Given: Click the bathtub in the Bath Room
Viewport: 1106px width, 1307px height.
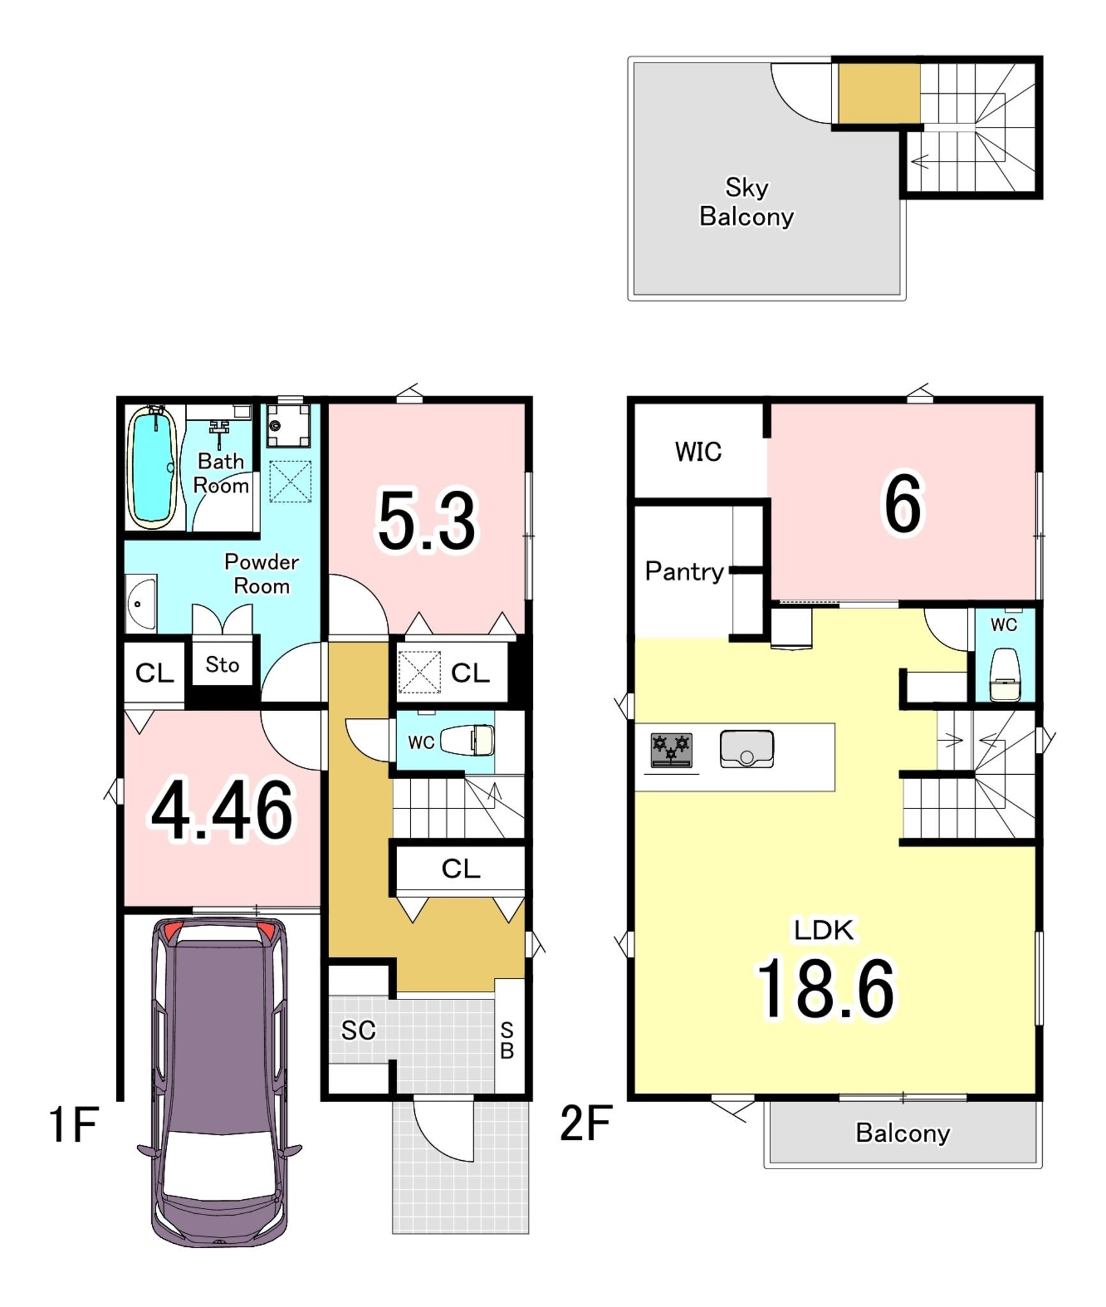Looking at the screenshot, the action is click(153, 467).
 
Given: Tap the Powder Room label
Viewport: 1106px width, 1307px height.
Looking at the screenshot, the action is click(262, 574).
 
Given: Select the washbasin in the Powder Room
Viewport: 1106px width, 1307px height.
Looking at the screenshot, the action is click(141, 603).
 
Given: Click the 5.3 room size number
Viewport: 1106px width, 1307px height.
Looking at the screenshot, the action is click(427, 520).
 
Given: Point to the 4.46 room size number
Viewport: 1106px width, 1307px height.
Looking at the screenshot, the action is click(222, 810).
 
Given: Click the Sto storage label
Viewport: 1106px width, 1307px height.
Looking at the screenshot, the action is click(222, 664).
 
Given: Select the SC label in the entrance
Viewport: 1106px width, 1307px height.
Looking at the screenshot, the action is click(358, 1030).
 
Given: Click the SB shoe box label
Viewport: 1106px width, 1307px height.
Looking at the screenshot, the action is click(507, 1040).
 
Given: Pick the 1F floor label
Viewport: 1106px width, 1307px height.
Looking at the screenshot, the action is click(73, 1124).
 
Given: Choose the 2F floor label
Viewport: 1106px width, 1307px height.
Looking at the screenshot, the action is click(586, 1123).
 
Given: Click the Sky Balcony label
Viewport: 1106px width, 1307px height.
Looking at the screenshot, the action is click(747, 202).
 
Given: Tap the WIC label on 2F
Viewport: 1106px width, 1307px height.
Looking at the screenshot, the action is click(698, 452).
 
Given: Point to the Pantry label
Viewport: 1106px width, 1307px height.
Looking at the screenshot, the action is click(684, 571).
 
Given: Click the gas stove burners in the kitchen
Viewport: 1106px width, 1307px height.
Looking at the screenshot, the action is click(671, 750).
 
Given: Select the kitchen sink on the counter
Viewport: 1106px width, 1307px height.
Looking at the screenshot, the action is click(747, 749).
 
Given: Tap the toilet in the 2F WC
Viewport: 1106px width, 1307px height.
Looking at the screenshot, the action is click(1005, 675).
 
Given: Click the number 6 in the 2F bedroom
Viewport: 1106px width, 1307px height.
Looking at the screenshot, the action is click(903, 504).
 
